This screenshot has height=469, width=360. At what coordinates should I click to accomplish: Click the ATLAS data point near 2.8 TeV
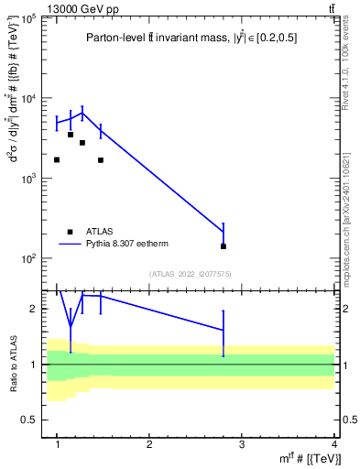click(224, 246)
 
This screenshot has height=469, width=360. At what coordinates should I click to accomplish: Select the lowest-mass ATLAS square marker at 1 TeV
click(57, 159)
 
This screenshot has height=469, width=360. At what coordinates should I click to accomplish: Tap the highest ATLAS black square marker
click(70, 135)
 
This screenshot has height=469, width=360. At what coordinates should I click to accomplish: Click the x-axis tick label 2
click(149, 444)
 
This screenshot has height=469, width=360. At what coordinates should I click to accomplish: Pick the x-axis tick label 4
click(333, 444)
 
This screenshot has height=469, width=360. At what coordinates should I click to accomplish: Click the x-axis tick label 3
click(242, 444)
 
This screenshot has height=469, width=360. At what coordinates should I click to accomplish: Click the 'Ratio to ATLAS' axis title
click(13, 364)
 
